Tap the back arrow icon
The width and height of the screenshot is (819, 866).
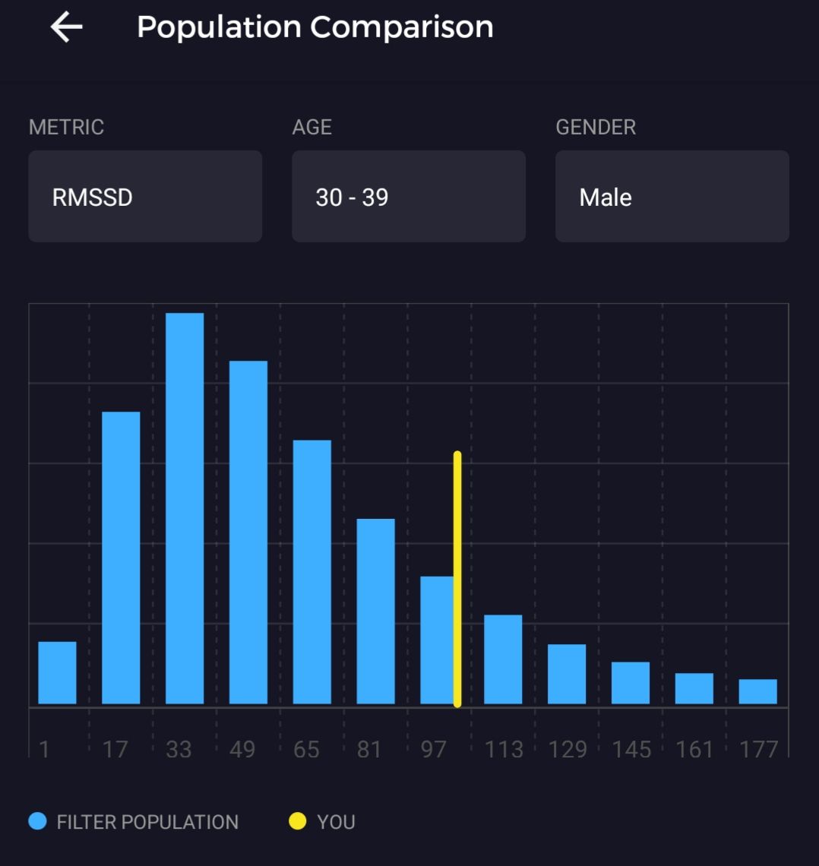pyautogui.click(x=67, y=28)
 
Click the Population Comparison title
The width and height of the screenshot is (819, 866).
pyautogui.click(x=315, y=27)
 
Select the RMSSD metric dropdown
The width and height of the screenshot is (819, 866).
pyautogui.click(x=145, y=197)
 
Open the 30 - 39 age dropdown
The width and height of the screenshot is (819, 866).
pyautogui.click(x=409, y=197)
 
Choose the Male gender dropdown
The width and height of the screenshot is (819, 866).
pyautogui.click(x=672, y=197)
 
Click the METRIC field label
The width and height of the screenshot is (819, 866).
pyautogui.click(x=66, y=127)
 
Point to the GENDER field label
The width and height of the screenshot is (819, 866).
pyautogui.click(x=596, y=127)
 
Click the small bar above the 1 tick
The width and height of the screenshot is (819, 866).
pyautogui.click(x=57, y=672)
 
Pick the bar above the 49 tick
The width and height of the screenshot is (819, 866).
pyautogui.click(x=248, y=532)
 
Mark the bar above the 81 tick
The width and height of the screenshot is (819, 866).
pyautogui.click(x=375, y=611)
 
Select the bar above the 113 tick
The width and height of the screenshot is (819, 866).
pyautogui.click(x=503, y=659)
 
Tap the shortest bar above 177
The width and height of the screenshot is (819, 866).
pyautogui.click(x=757, y=691)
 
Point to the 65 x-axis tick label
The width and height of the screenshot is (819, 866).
pyautogui.click(x=306, y=750)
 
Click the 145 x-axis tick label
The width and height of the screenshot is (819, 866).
pyautogui.click(x=631, y=750)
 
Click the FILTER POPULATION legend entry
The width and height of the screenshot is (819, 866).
pyautogui.click(x=134, y=822)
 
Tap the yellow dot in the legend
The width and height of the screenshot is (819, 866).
pyautogui.click(x=298, y=821)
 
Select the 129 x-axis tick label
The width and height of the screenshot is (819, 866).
pyautogui.click(x=568, y=750)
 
